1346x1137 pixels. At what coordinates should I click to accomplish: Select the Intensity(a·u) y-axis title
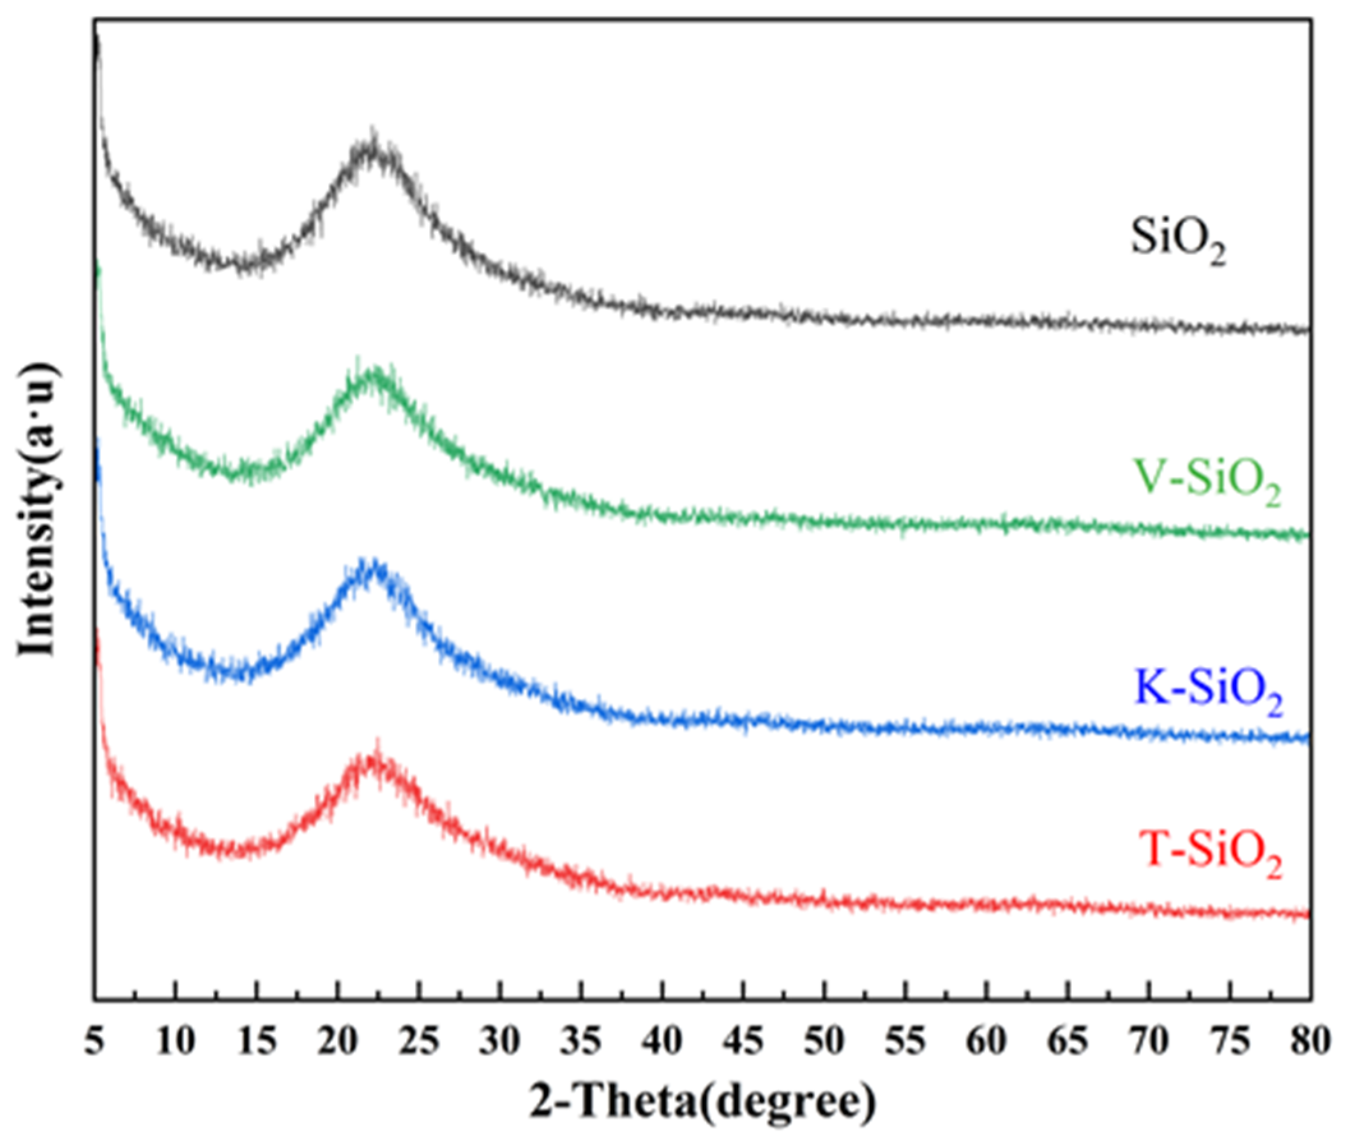point(38,509)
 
